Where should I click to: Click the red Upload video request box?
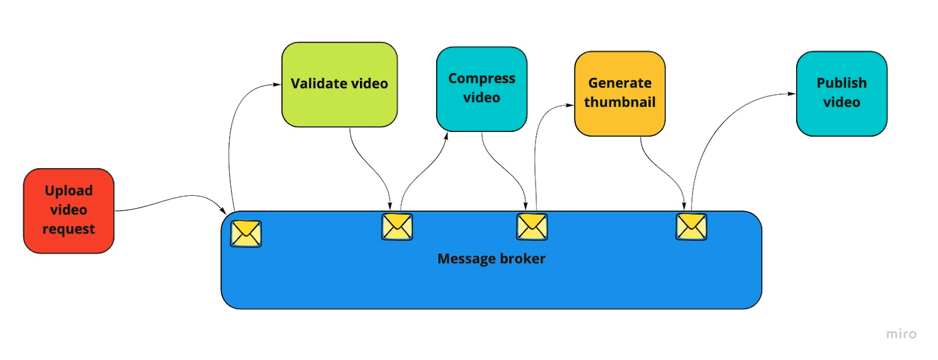coord(69,210)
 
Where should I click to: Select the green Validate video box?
coord(339,84)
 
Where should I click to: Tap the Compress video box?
coord(481,89)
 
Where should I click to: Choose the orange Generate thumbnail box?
coord(620,93)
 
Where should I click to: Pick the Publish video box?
coord(841,93)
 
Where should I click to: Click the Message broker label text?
coord(491,259)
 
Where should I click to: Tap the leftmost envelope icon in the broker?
coord(246,233)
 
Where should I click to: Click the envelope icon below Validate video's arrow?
coord(397,227)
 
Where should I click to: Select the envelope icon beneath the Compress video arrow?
coord(532,227)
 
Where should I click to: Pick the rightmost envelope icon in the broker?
coord(691,227)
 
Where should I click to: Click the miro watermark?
coord(901,334)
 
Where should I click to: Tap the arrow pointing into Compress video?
coord(422,170)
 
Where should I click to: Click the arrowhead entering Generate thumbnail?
coord(569,106)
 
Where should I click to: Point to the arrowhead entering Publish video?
coord(791,94)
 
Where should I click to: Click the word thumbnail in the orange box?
coord(620,103)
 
